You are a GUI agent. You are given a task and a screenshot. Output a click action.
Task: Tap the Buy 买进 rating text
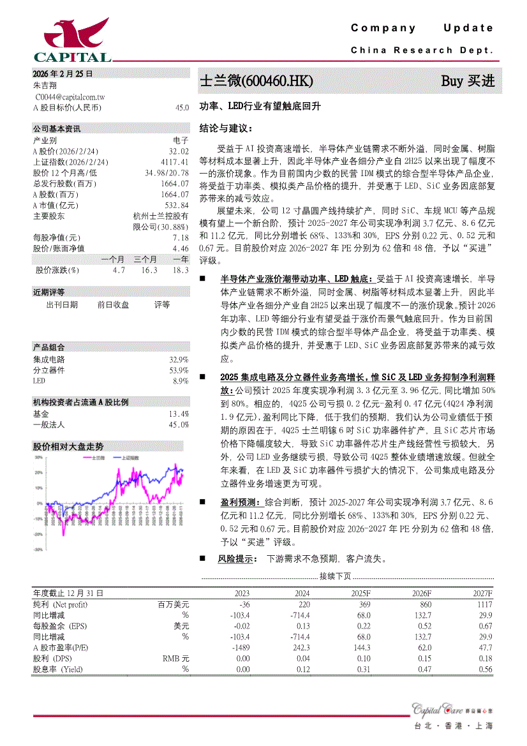(468, 81)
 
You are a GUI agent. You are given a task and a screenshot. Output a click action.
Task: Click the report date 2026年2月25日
(63, 74)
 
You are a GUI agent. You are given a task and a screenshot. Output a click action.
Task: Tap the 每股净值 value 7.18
(181, 237)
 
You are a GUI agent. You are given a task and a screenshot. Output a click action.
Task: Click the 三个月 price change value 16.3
(149, 271)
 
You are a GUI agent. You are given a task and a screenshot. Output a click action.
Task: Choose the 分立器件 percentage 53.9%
(179, 370)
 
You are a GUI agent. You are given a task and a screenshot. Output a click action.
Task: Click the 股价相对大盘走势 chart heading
(68, 446)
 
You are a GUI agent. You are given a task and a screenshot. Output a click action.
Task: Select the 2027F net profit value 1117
(484, 604)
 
